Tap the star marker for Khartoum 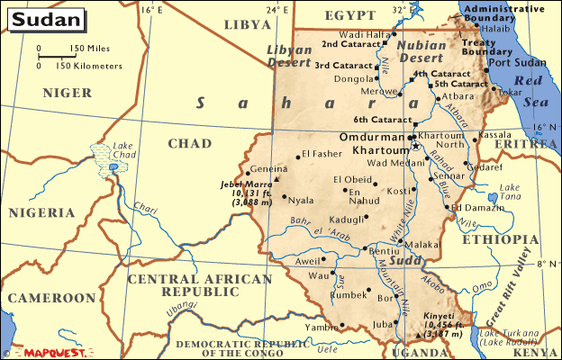coord(415,145)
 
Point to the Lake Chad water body coord(112,166)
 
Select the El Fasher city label coord(322,154)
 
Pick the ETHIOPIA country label coord(498,239)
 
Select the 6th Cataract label coord(382,121)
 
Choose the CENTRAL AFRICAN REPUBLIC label coord(199,286)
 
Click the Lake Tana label coord(511,192)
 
